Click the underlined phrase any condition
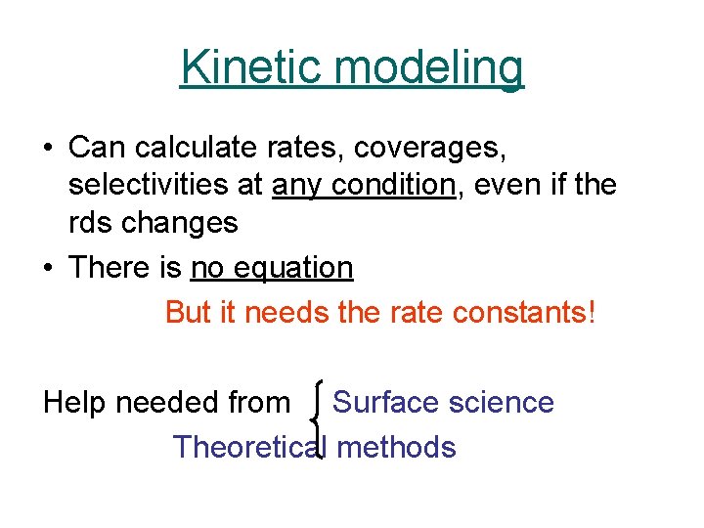[365, 185]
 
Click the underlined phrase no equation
[271, 267]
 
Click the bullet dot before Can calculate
[48, 150]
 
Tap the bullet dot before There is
[48, 269]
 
